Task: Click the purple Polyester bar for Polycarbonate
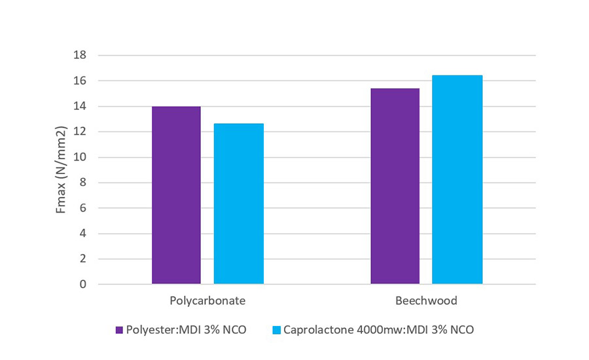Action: pyautogui.click(x=176, y=195)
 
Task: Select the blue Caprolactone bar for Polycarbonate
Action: pyautogui.click(x=239, y=204)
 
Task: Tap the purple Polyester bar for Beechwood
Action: pyautogui.click(x=395, y=186)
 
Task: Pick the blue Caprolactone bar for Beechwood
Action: pyautogui.click(x=457, y=179)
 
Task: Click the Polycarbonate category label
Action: pyautogui.click(x=207, y=301)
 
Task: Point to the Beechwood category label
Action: pyautogui.click(x=426, y=301)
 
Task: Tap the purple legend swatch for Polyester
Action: pyautogui.click(x=119, y=330)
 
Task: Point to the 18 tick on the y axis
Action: pyautogui.click(x=80, y=56)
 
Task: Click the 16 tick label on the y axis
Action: pyautogui.click(x=80, y=81)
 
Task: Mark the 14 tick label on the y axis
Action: pyautogui.click(x=80, y=107)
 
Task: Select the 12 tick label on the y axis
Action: pyautogui.click(x=80, y=132)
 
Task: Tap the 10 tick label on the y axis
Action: pyautogui.click(x=80, y=158)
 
